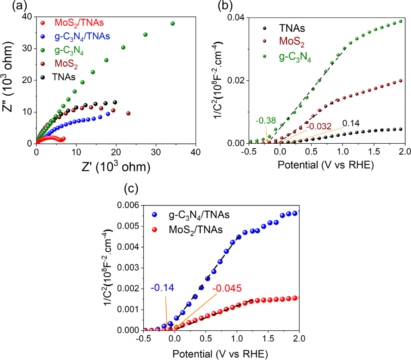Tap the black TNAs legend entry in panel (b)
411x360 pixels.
pyautogui.click(x=292, y=28)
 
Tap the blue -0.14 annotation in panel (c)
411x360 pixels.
pyautogui.click(x=161, y=288)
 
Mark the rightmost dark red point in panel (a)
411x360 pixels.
pyautogui.click(x=128, y=114)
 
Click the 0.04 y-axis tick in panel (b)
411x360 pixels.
pyautogui.click(x=235, y=17)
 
